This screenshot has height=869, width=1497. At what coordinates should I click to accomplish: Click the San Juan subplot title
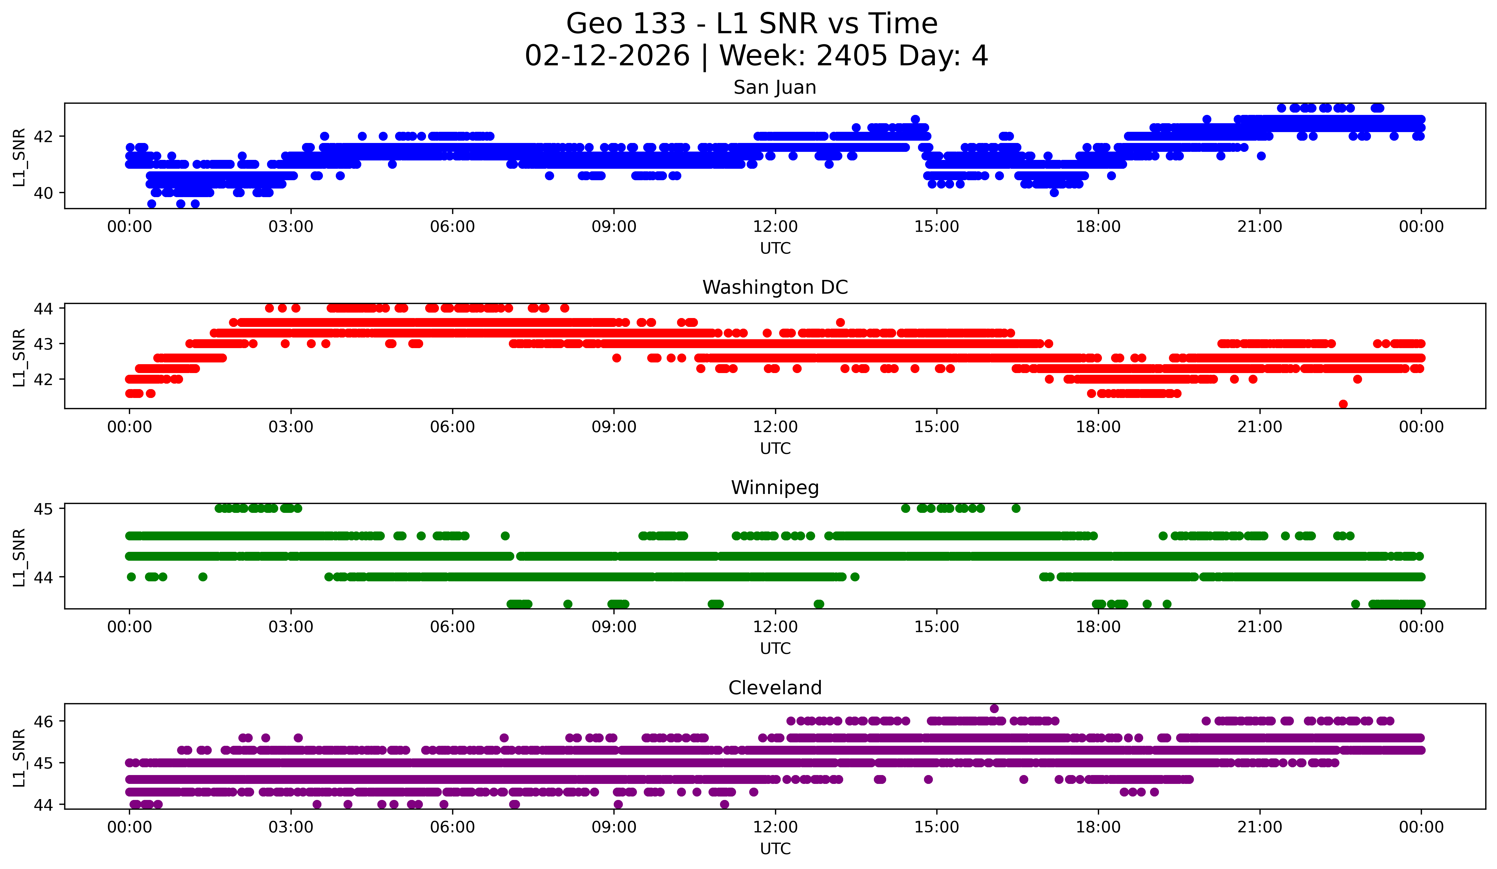[775, 87]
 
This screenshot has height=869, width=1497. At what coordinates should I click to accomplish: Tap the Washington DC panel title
[775, 287]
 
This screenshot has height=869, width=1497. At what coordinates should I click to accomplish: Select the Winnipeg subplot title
[775, 488]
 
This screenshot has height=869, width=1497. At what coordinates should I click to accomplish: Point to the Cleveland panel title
[775, 688]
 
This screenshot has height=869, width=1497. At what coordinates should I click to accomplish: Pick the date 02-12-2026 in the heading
[607, 56]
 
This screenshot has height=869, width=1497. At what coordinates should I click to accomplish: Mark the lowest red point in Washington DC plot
[1343, 404]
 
